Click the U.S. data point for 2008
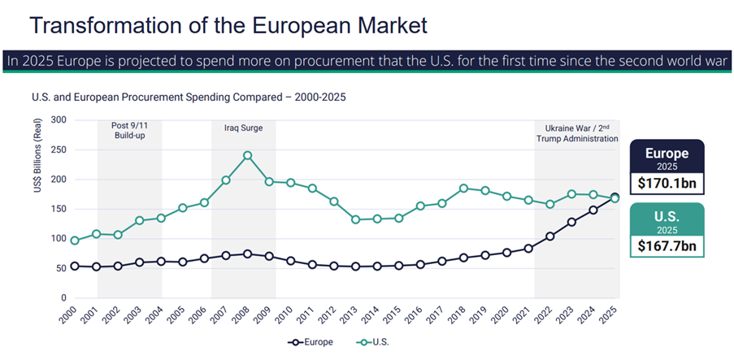coord(247,155)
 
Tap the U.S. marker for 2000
coord(76,241)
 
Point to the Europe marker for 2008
coord(247,254)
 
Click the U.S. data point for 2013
coord(355,219)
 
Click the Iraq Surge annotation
coord(244,128)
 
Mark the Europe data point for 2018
coord(463,258)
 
